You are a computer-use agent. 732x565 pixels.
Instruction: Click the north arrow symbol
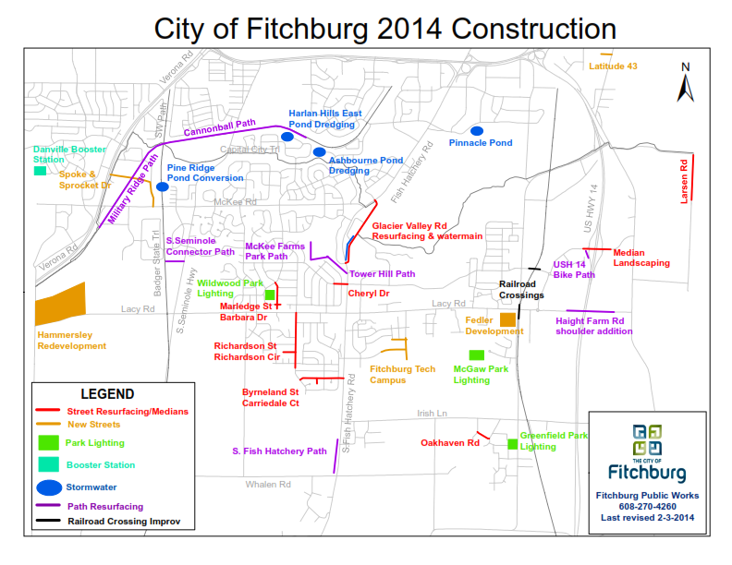coord(686,84)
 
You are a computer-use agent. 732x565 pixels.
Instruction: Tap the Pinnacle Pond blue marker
coord(477,130)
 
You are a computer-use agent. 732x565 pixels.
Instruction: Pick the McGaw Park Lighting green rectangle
coord(477,355)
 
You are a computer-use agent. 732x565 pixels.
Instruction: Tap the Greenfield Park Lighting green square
coord(512,445)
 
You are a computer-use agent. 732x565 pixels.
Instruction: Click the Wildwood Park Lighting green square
coord(270,295)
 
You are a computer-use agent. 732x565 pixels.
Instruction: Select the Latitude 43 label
coord(613,66)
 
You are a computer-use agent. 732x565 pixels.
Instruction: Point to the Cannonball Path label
coord(219,126)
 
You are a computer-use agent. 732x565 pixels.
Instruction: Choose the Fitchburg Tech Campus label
coord(402,374)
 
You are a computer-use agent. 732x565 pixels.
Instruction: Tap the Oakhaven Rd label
coord(450,443)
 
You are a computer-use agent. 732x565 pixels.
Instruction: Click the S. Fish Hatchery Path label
coord(279,451)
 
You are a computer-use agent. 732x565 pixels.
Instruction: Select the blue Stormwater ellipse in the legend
coord(49,485)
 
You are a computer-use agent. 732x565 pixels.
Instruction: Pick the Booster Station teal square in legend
coord(48,463)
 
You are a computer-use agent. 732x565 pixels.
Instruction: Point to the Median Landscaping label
coord(641,258)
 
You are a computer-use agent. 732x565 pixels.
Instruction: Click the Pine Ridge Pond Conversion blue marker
coord(163,186)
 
